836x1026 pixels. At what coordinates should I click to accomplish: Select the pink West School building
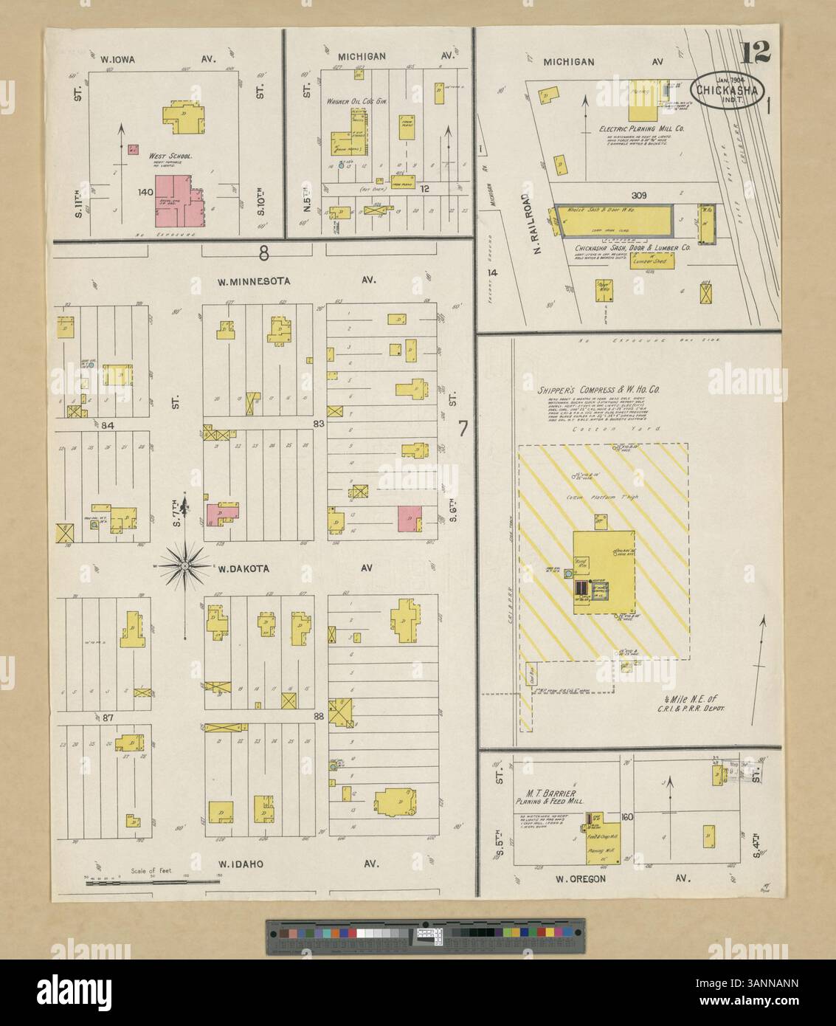point(179,201)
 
